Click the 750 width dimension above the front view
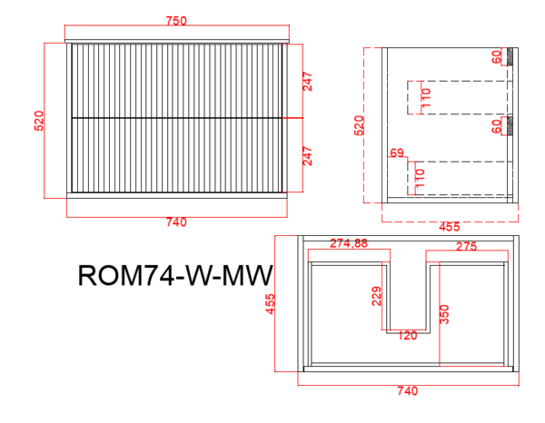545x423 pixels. tap(176, 21)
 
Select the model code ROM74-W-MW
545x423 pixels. tap(174, 276)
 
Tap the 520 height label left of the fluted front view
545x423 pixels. tap(39, 121)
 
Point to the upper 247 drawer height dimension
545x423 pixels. tap(308, 82)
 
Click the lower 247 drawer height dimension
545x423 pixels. tap(308, 156)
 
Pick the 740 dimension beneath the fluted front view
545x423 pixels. tap(176, 221)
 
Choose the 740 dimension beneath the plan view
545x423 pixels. tap(407, 391)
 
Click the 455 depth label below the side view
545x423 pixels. tap(450, 227)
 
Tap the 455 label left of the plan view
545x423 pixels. tap(270, 304)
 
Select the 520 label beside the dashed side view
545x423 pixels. tap(359, 125)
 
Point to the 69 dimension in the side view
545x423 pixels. tap(397, 152)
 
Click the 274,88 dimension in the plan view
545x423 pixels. tap(349, 243)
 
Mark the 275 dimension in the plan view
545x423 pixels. tap(467, 246)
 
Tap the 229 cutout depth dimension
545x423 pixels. tap(376, 296)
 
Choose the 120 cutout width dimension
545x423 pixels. tap(407, 336)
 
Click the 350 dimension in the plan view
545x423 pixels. tap(444, 314)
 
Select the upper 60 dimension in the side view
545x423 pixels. tap(497, 56)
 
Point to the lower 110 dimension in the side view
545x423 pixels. tap(420, 178)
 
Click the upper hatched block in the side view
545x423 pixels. tap(510, 56)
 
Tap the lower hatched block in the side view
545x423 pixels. tap(510, 125)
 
